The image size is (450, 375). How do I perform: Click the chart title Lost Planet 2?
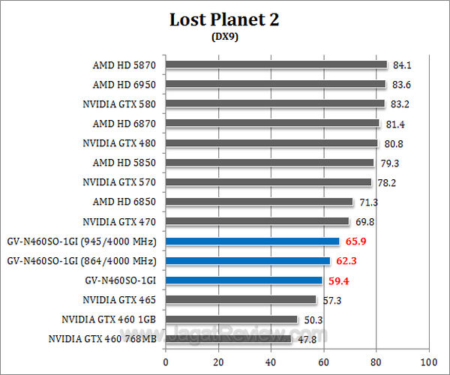(x=226, y=19)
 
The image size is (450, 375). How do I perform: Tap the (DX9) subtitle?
(x=225, y=37)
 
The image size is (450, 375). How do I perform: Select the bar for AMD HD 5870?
(x=276, y=64)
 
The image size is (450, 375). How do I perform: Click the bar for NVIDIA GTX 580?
(x=274, y=103)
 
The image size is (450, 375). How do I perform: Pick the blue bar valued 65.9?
(x=252, y=241)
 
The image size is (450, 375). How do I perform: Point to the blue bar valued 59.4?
(x=244, y=280)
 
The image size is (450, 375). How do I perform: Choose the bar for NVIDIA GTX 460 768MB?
(x=228, y=339)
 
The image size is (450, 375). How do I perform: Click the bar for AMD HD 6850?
(x=259, y=202)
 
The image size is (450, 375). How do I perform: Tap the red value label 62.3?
(x=346, y=261)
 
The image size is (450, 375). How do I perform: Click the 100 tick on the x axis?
(x=428, y=359)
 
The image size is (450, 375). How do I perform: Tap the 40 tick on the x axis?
(x=271, y=359)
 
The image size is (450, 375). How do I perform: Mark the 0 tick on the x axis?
(x=166, y=359)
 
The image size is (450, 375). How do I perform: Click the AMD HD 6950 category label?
(x=125, y=84)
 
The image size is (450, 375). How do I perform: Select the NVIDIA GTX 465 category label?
(x=120, y=300)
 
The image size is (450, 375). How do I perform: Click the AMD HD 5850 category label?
(x=125, y=163)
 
